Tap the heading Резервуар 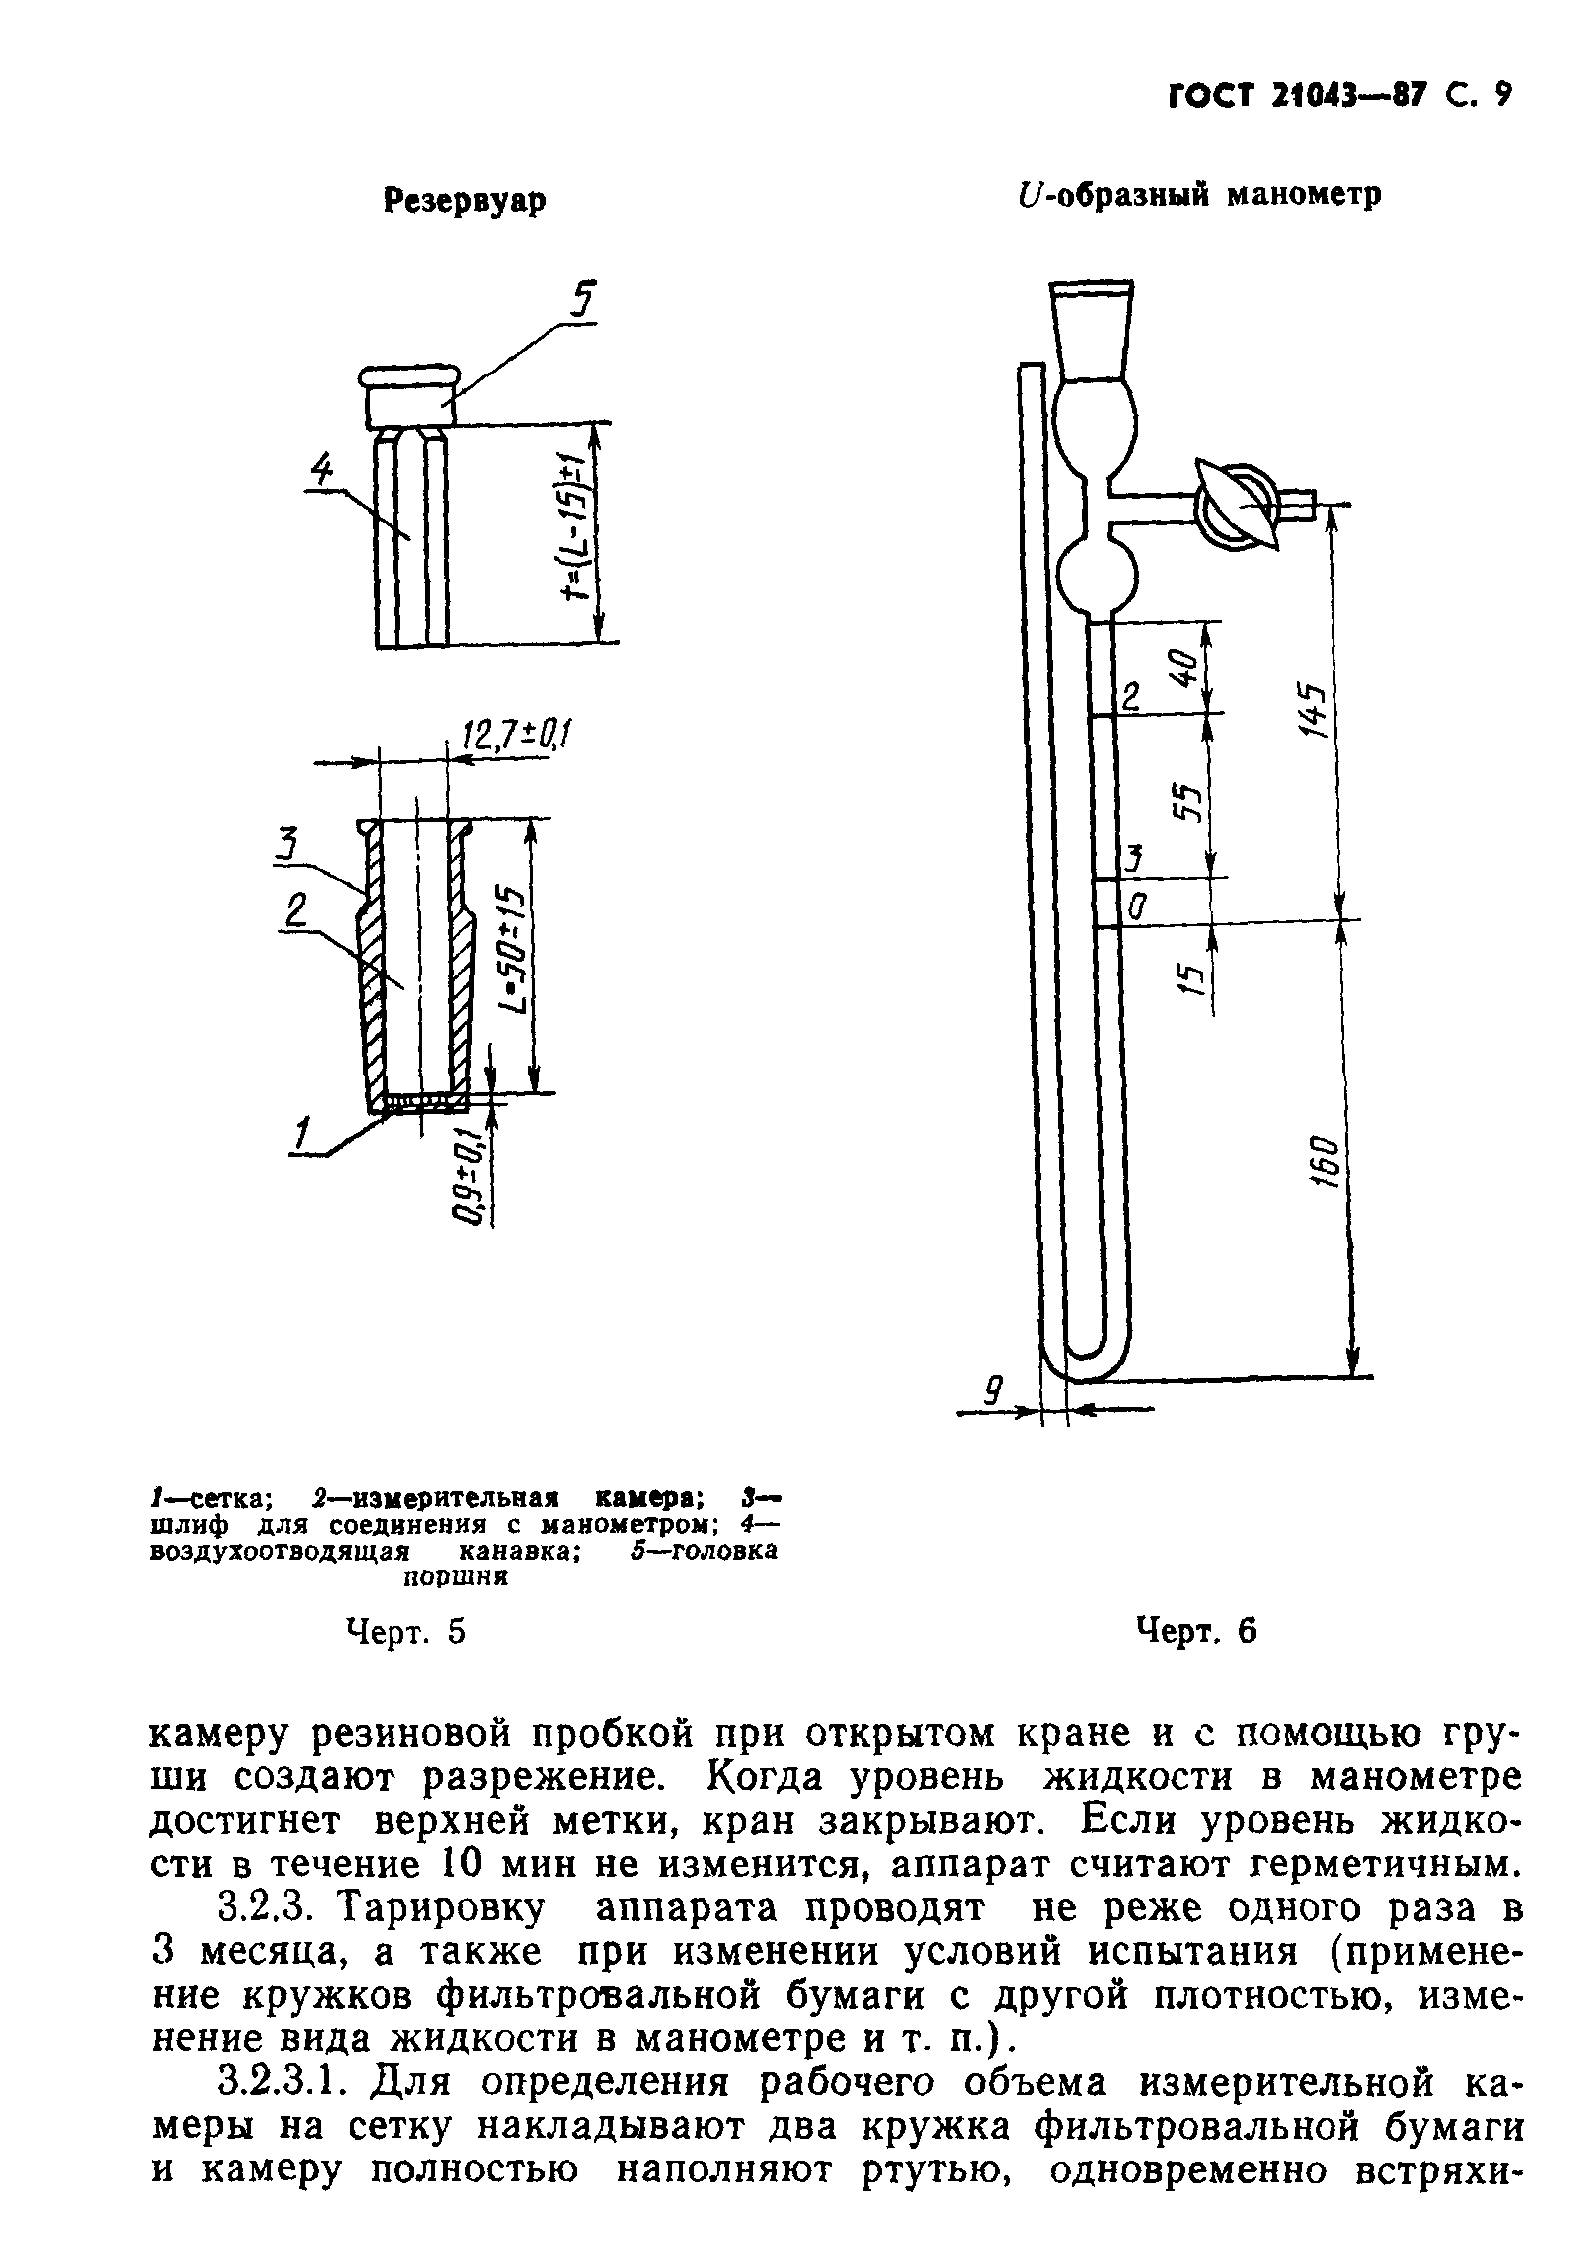pyautogui.click(x=465, y=201)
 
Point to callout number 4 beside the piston pyautogui.click(x=320, y=473)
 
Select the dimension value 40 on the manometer pyautogui.click(x=1184, y=669)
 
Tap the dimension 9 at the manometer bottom pyautogui.click(x=992, y=1388)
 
